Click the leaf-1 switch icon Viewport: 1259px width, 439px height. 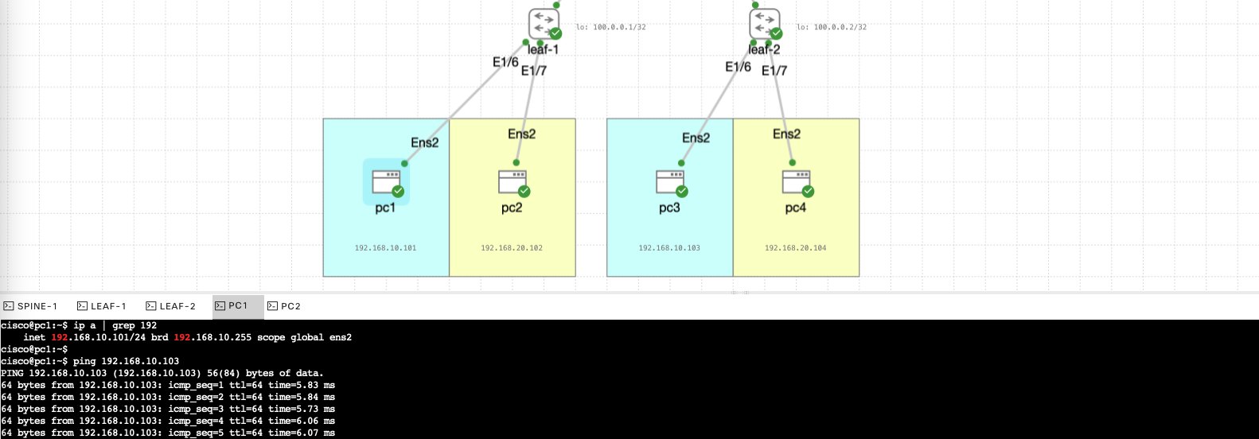click(x=544, y=23)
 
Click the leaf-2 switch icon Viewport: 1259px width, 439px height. click(x=764, y=23)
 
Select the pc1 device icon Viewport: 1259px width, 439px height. click(x=386, y=182)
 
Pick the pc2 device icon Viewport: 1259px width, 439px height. click(x=513, y=182)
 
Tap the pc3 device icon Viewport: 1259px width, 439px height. click(x=670, y=182)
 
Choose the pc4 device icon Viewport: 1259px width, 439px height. click(x=796, y=182)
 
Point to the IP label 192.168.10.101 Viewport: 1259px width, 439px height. click(x=385, y=248)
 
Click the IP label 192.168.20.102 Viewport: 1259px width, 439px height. click(x=512, y=248)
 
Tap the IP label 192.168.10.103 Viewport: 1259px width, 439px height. click(x=669, y=248)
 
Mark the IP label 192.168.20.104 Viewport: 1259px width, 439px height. click(x=796, y=248)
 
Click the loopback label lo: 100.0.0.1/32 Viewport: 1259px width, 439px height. click(x=611, y=27)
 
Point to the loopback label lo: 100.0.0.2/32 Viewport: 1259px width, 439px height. click(x=832, y=27)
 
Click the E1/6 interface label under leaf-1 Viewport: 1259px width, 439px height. click(x=505, y=62)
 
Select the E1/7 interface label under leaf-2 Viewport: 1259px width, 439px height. click(x=774, y=71)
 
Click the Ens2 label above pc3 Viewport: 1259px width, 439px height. click(x=696, y=138)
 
